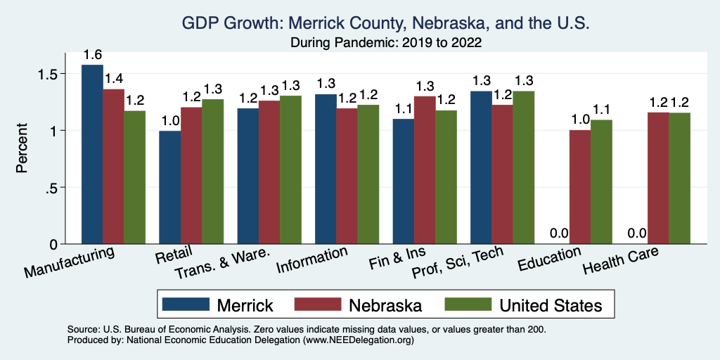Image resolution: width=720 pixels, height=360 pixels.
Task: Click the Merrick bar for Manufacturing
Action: click(92, 155)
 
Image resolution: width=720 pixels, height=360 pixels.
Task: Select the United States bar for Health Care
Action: click(679, 179)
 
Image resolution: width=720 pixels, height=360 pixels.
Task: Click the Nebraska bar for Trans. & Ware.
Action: click(269, 172)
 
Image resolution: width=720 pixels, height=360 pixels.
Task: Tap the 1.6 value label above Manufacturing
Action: click(92, 55)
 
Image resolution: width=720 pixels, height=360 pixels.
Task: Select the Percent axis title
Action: click(23, 149)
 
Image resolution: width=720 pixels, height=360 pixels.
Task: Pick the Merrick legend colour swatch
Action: click(186, 304)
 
